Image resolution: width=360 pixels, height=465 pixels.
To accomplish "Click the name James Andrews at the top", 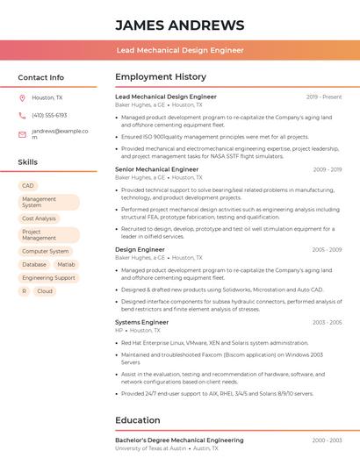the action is coord(179,25).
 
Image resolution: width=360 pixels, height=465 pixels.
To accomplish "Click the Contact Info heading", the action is coord(40,77).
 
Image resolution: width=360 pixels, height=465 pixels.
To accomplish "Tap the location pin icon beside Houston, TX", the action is coord(22,98).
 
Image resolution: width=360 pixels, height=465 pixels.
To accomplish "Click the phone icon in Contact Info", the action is coord(22,116).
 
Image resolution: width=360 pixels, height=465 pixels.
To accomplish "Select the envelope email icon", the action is coord(22,134).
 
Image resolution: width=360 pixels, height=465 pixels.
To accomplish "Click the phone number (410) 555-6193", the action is coord(49,116).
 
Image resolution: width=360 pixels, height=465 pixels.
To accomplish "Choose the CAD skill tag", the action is coord(28,186).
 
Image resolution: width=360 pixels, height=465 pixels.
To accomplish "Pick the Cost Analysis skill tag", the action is coord(39,218).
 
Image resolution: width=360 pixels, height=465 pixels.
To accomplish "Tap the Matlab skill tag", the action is coord(67,264).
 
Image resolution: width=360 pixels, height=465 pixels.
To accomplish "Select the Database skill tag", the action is coord(34,264).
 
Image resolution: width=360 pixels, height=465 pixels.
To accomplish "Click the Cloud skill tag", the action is coord(45,291).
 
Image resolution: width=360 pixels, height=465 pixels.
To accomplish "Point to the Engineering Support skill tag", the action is coord(48,278).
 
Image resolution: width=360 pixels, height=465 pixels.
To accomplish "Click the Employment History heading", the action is coord(161,77).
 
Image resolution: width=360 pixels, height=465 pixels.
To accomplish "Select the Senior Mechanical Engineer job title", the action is coord(157,169).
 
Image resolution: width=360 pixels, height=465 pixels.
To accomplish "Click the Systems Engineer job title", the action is coord(141,322).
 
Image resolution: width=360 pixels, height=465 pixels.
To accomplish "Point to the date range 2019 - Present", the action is coord(324,97).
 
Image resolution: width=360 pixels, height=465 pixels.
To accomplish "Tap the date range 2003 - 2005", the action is coord(327,322).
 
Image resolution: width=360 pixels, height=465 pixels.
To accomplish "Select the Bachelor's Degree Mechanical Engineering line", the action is coord(179,440).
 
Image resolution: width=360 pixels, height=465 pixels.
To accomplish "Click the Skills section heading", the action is coord(28,162).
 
